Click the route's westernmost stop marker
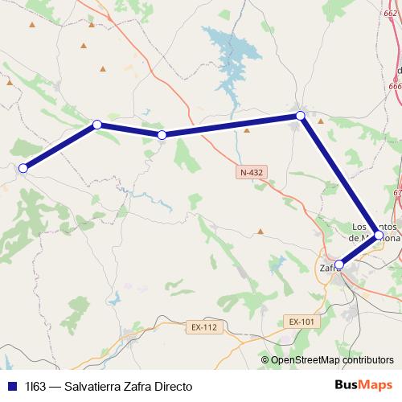[23, 168]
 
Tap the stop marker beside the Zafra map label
[339, 264]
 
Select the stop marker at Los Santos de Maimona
[378, 236]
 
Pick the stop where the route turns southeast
[300, 116]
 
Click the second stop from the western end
[96, 125]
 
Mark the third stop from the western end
[162, 135]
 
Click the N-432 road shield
[251, 173]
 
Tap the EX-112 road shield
[204, 327]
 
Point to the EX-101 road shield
[301, 322]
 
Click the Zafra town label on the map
[328, 269]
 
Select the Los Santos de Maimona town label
[375, 232]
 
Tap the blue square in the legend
[12, 386]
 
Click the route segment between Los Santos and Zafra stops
[359, 250]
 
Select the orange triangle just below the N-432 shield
[260, 231]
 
